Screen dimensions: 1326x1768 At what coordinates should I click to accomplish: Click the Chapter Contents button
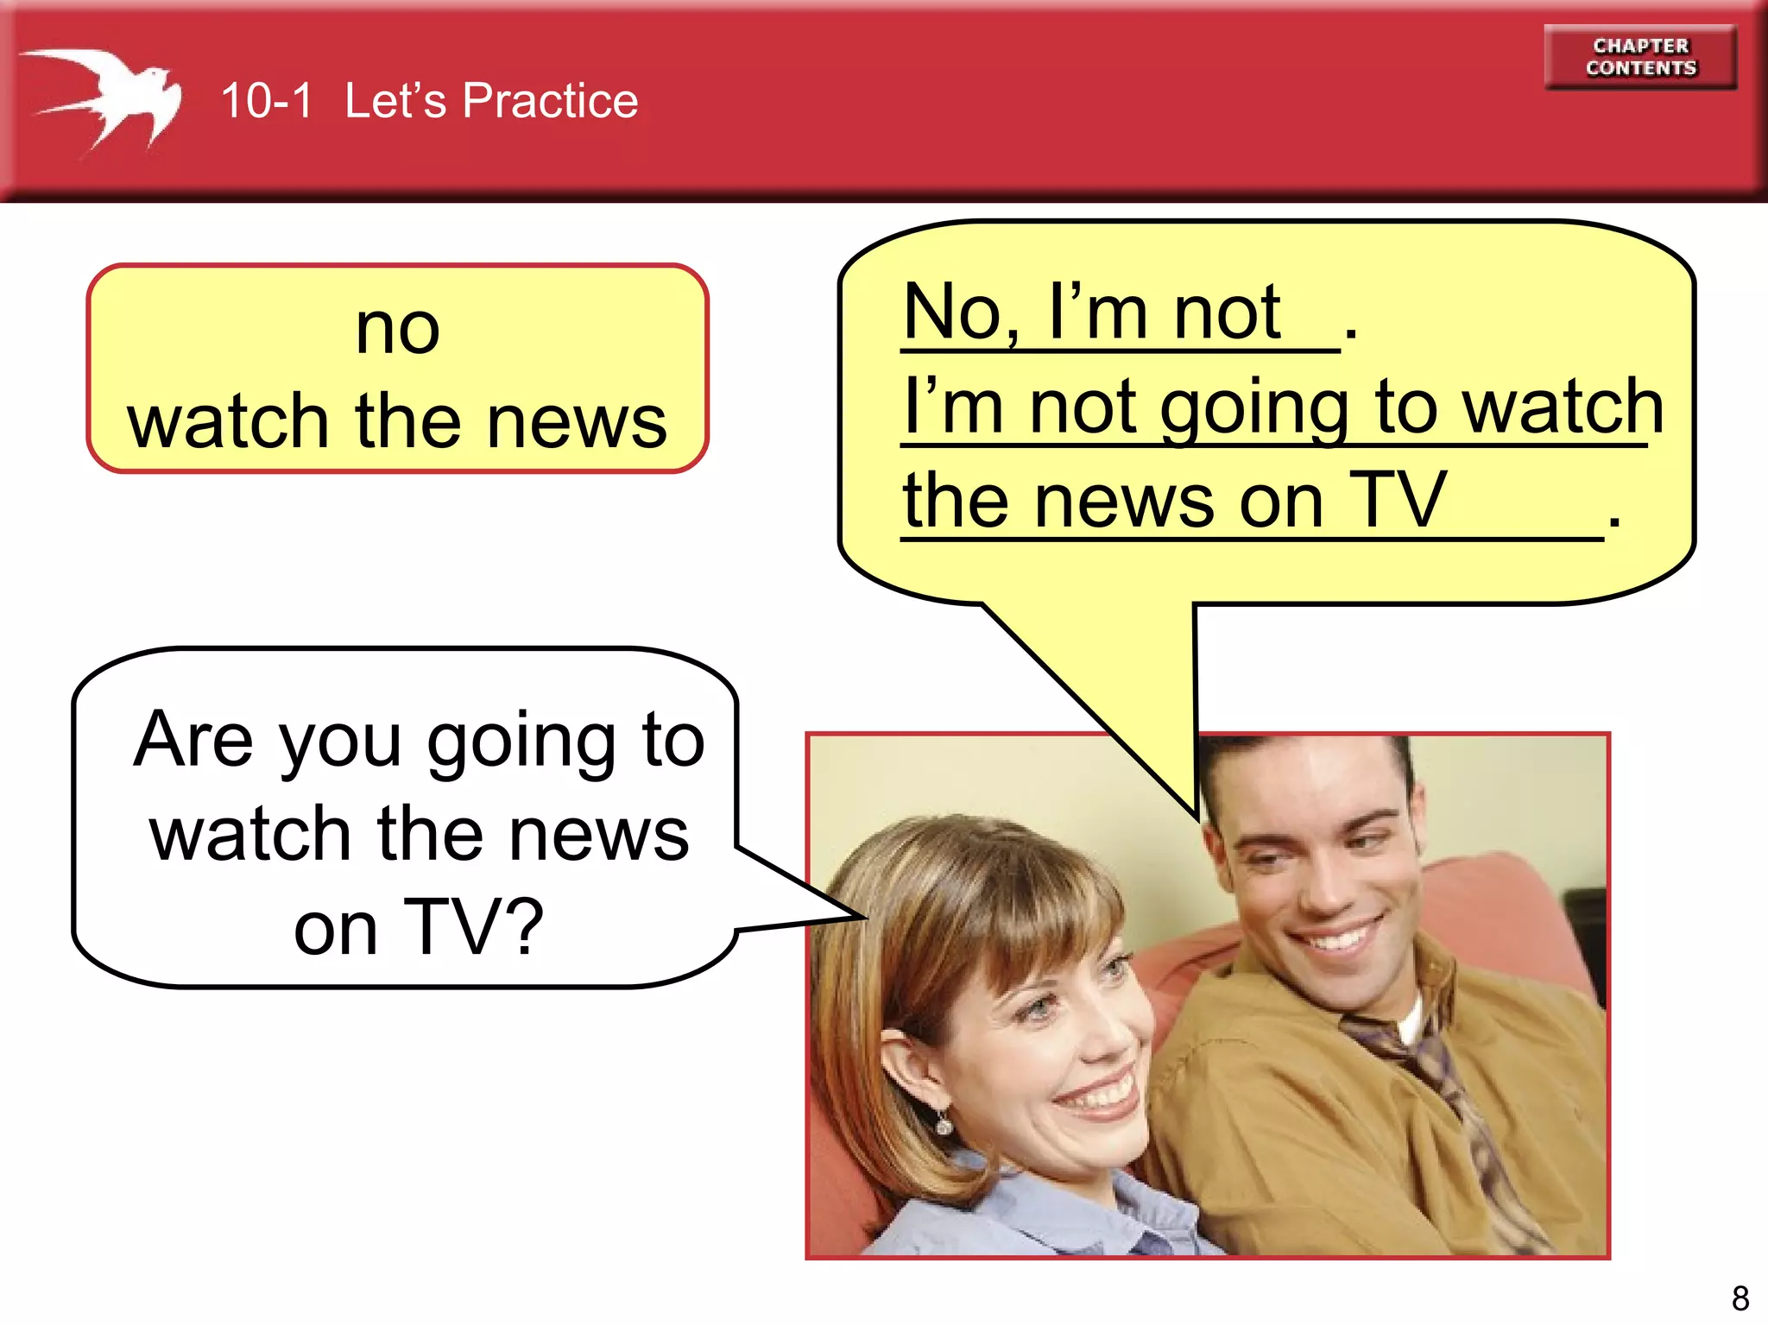[x=1640, y=57]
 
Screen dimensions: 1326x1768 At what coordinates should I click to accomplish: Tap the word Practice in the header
[x=550, y=101]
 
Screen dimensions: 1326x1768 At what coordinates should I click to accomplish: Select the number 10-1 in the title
[x=266, y=101]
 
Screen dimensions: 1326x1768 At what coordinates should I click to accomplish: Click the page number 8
[x=1740, y=1298]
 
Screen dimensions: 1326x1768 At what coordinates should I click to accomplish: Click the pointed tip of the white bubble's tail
[x=865, y=917]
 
